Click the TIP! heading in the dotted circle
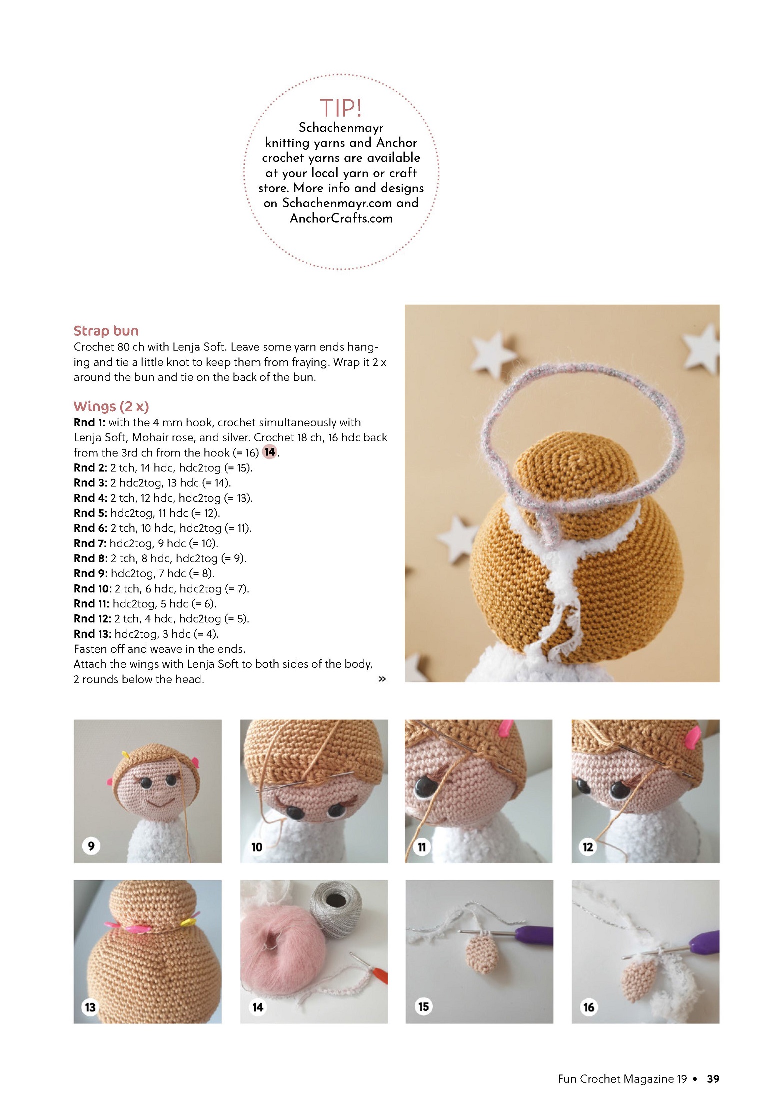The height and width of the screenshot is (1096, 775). click(x=341, y=108)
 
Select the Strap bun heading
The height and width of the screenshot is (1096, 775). click(x=106, y=331)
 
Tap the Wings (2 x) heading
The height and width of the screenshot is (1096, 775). click(x=111, y=406)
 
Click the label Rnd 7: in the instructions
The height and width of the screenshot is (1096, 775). click(x=90, y=543)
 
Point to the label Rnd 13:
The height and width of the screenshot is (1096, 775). click(x=92, y=634)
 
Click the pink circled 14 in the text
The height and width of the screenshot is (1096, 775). click(x=270, y=452)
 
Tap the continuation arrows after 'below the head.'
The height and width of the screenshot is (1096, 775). click(x=382, y=679)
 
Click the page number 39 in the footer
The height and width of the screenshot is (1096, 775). click(x=713, y=1079)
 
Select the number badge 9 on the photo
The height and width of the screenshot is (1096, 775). click(x=91, y=846)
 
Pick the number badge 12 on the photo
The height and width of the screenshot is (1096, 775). click(x=588, y=847)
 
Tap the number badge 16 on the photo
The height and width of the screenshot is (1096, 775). click(x=589, y=1007)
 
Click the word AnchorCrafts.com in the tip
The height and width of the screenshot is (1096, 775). click(x=341, y=218)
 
